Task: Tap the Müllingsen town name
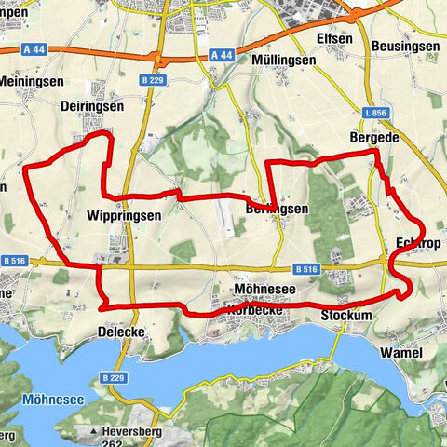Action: click(284, 59)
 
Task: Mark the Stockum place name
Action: click(347, 316)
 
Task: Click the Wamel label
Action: click(402, 353)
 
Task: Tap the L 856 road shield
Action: click(375, 112)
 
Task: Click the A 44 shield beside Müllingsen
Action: click(222, 56)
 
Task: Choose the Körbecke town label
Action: click(244, 308)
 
